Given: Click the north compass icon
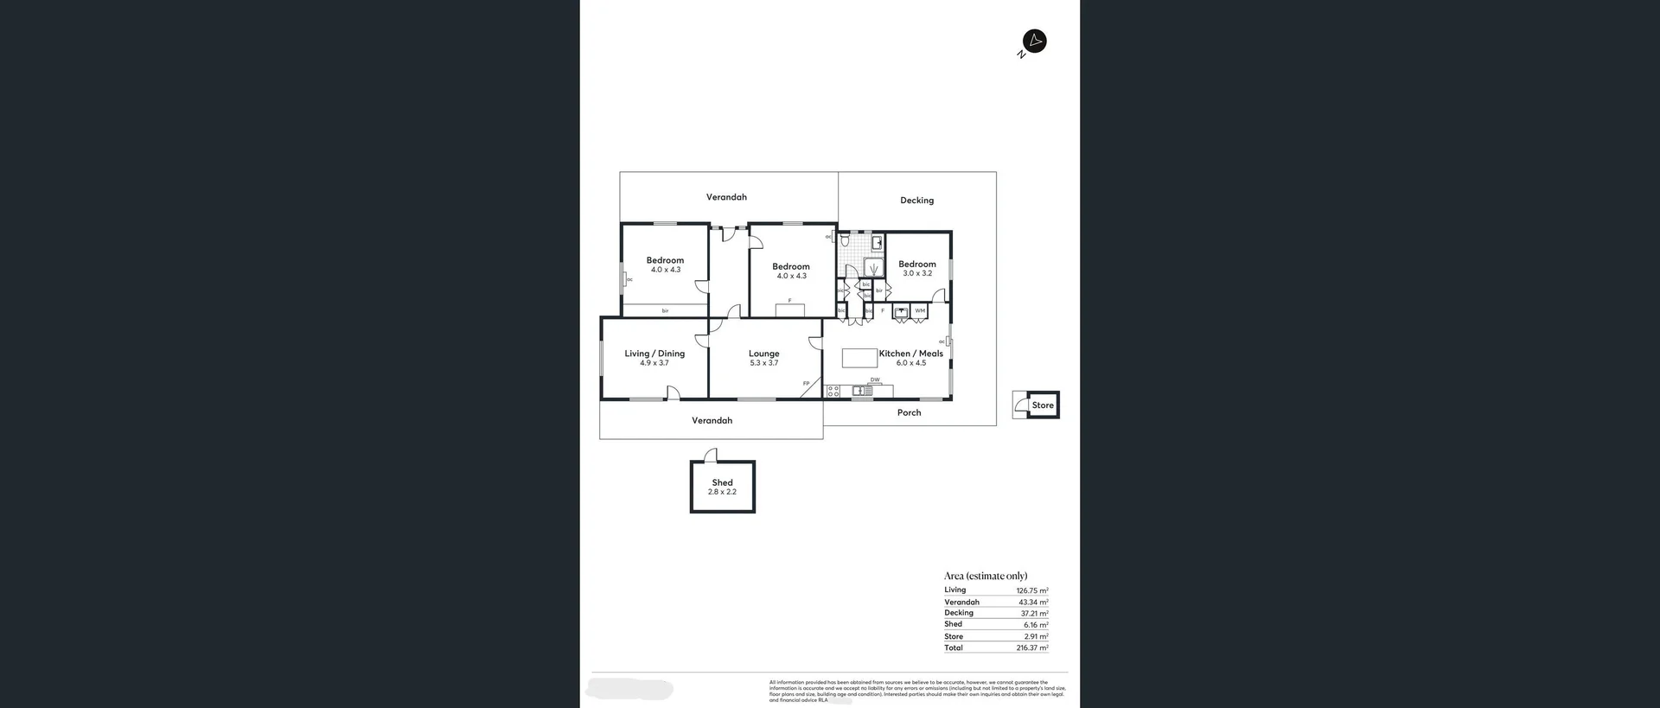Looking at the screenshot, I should pos(1034,41).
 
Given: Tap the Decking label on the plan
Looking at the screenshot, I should pos(916,201).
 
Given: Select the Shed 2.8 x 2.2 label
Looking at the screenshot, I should pos(722,487).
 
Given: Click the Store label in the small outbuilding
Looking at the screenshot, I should pos(1043,405).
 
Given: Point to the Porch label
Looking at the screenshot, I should pos(909,413).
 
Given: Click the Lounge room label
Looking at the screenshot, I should pos(763,354).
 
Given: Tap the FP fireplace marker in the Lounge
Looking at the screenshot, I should pos(806,383).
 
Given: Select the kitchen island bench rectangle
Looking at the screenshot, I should pos(859,357).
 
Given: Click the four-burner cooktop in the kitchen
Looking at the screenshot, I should pos(833,392).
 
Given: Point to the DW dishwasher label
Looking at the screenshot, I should pos(875,380).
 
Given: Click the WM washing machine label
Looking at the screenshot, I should pos(920,310).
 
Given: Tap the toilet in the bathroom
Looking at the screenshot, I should pos(845,239).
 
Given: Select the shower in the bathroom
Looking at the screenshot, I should pos(874,267).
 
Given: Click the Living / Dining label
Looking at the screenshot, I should pos(654,354).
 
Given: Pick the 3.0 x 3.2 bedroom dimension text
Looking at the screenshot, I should pos(917,273).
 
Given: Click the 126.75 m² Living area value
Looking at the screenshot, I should pos(1031,590).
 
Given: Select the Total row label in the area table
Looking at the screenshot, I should pos(954,647).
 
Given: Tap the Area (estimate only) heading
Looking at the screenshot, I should pos(986,576).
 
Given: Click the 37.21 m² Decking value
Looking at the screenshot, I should pos(1034,613).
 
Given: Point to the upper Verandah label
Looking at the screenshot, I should pos(726,197).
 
